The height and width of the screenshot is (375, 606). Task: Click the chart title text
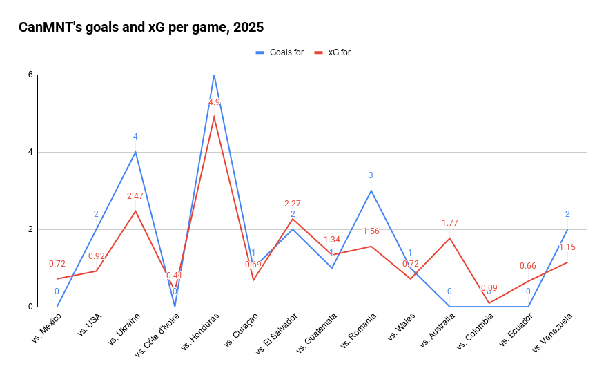tap(141, 28)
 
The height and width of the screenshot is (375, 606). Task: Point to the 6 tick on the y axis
tap(30, 75)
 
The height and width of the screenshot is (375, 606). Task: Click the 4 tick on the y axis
tap(30, 152)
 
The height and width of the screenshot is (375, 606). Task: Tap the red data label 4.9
tap(214, 102)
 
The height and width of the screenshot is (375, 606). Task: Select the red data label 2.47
tap(135, 196)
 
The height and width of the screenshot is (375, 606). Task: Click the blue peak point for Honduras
tap(214, 75)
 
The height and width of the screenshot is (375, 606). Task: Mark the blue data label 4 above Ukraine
tap(135, 137)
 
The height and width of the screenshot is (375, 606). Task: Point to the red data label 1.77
tap(449, 223)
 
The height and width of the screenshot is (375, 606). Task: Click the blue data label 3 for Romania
tap(371, 175)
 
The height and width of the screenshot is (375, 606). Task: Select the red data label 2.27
tap(293, 204)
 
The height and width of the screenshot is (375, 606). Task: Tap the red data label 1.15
tap(567, 247)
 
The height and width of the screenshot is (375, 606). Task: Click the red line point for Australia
tap(450, 238)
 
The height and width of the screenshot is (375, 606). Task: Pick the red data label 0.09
tap(489, 288)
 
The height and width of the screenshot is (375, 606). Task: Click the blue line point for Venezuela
tap(567, 229)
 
